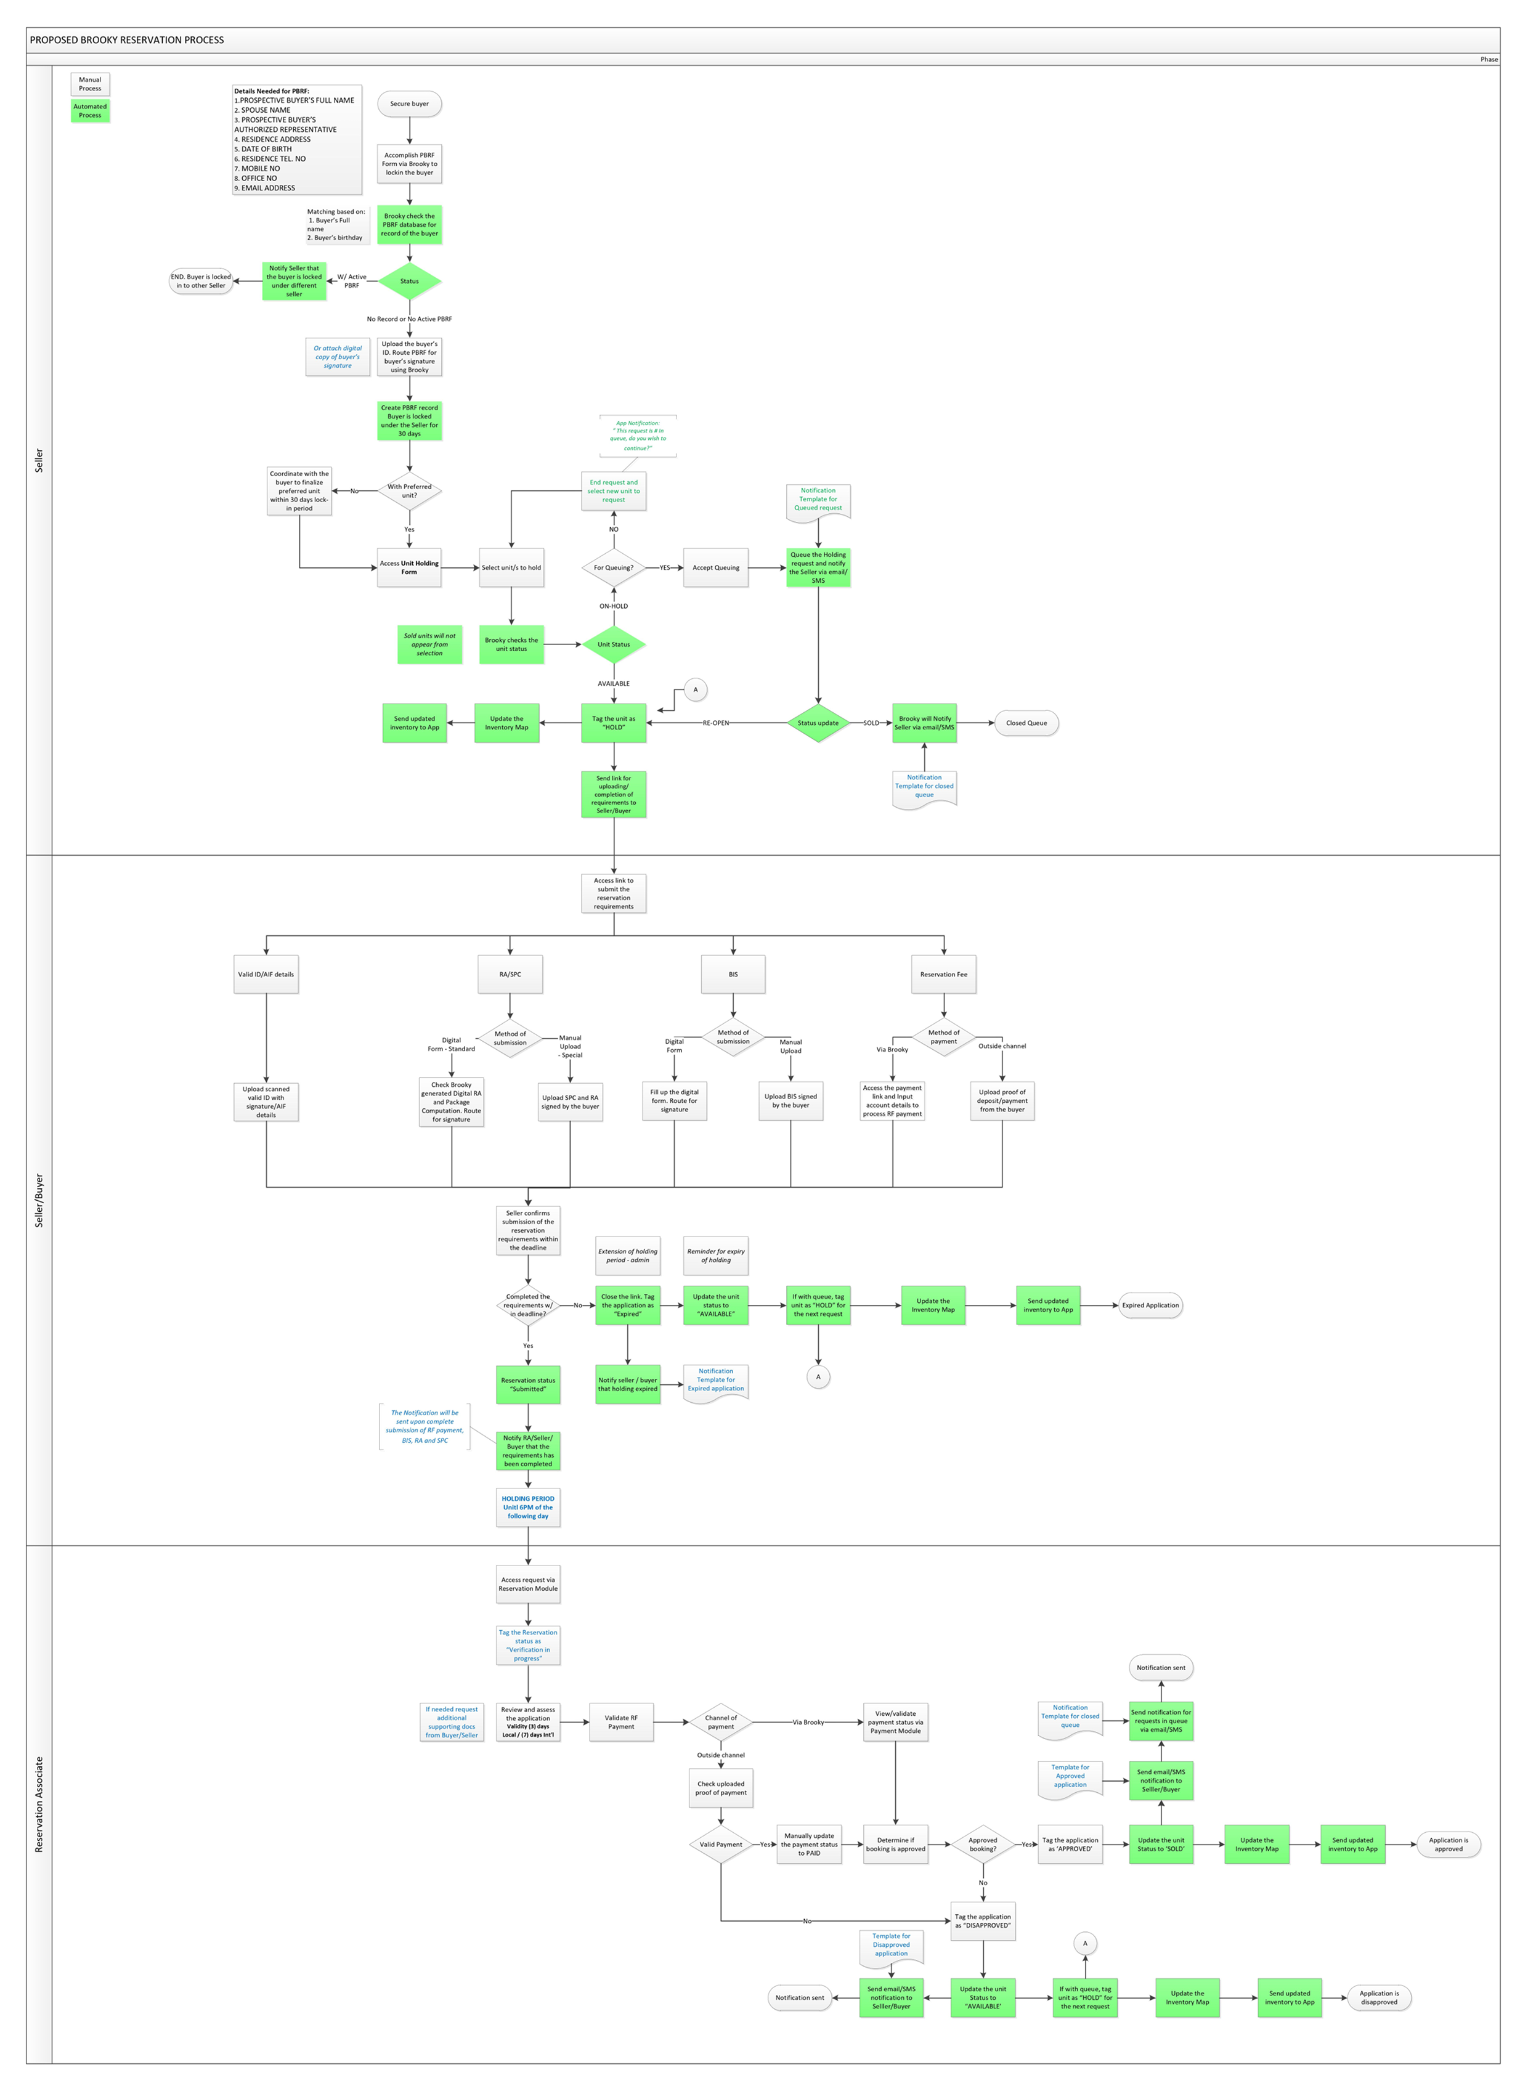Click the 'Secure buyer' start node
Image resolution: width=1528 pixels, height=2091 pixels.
click(x=409, y=104)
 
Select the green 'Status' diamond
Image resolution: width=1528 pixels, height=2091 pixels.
click(x=409, y=281)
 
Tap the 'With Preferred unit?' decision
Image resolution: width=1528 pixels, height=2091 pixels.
click(x=409, y=491)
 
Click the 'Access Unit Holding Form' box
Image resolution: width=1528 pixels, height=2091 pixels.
click(x=409, y=568)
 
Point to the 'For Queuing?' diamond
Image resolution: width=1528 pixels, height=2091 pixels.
click(x=613, y=568)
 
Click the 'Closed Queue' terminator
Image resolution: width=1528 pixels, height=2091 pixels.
click(x=1026, y=723)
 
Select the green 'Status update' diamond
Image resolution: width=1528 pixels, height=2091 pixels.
click(x=818, y=723)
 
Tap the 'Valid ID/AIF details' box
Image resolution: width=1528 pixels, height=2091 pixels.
click(x=266, y=975)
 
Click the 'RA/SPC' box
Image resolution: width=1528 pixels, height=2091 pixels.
click(x=510, y=975)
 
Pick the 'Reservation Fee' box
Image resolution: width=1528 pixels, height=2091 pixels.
click(x=943, y=975)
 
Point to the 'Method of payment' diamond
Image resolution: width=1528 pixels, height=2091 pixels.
click(x=943, y=1037)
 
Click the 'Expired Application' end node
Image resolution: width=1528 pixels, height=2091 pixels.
click(x=1150, y=1306)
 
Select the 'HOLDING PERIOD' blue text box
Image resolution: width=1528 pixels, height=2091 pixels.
click(x=528, y=1508)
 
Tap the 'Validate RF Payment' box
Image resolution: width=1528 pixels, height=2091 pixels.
click(x=620, y=1722)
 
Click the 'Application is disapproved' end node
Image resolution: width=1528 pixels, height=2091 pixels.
click(x=1378, y=1997)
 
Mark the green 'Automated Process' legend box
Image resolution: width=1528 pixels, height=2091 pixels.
click(x=90, y=111)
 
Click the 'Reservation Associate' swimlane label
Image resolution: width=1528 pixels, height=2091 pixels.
click(x=39, y=1803)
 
